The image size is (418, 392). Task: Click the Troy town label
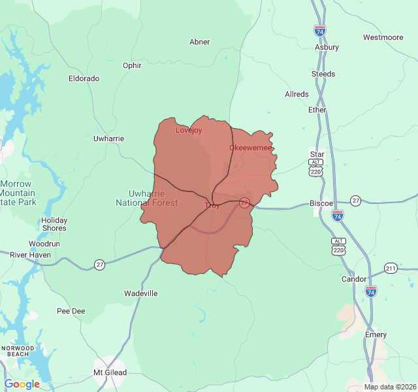click(212, 206)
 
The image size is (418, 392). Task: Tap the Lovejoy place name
click(189, 130)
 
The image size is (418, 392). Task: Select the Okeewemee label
click(250, 148)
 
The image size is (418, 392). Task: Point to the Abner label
click(199, 42)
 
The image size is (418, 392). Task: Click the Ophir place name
click(132, 65)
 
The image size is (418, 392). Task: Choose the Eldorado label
click(84, 78)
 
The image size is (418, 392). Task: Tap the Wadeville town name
click(141, 293)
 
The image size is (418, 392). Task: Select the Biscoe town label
click(321, 203)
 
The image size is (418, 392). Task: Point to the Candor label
click(354, 279)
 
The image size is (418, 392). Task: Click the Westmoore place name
click(383, 37)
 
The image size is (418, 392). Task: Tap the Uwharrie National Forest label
click(146, 198)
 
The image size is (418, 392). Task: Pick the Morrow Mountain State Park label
click(18, 193)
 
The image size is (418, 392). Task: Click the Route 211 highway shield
click(391, 268)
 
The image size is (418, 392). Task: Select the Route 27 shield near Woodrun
click(99, 265)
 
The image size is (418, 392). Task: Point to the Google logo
click(22, 384)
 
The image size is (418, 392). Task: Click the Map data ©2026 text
click(389, 387)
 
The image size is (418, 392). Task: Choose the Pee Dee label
click(71, 311)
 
